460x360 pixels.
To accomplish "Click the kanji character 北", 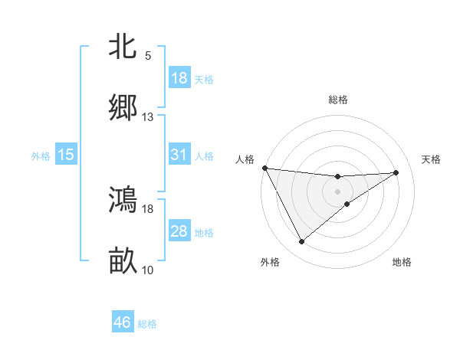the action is (x=123, y=47).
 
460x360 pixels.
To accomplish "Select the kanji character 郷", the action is (x=123, y=107).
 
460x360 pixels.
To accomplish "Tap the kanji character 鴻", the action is (x=123, y=199).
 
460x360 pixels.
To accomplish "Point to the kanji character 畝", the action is (x=123, y=260).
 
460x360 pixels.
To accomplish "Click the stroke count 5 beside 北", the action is (x=147, y=56).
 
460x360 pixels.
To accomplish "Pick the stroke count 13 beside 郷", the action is (x=147, y=117).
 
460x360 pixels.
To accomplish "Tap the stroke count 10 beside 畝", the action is (x=147, y=270).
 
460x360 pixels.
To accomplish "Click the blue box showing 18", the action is (x=179, y=78).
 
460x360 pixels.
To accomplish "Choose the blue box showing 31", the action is (x=179, y=155).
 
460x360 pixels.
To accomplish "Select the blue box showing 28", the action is (x=179, y=231).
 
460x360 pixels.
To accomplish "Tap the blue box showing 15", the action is (x=66, y=155).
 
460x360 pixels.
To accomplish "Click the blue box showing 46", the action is (x=123, y=322).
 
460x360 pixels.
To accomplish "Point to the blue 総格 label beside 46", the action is (x=147, y=324).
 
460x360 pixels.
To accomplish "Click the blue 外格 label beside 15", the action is (x=41, y=156).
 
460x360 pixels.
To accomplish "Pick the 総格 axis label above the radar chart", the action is (x=338, y=100).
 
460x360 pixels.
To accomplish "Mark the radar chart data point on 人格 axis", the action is (x=264, y=168).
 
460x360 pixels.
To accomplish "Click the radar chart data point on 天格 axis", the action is (x=396, y=172).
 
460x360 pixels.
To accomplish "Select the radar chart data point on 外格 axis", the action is (x=301, y=242).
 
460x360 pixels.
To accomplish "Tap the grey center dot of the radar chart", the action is (x=338, y=191).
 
